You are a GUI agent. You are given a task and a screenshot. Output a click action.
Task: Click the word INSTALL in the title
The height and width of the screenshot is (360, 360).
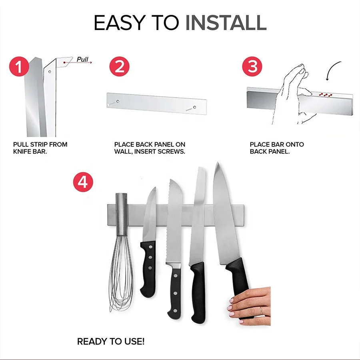click(226, 23)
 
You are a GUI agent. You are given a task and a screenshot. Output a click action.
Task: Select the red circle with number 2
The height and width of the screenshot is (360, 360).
click(119, 66)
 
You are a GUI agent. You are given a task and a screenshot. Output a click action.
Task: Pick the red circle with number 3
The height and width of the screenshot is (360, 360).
click(252, 66)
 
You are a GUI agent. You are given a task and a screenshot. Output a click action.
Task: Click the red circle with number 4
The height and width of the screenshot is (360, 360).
click(83, 182)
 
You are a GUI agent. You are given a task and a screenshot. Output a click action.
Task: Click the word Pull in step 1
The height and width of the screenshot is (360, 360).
click(82, 59)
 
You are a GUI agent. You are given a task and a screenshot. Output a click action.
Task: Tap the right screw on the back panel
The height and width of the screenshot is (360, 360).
click(194, 107)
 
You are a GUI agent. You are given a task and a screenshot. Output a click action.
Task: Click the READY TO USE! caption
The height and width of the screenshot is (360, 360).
click(111, 342)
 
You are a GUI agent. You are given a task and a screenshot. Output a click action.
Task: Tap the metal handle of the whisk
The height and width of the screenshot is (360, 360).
click(121, 214)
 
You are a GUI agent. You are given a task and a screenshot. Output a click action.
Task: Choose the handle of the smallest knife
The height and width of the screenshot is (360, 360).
click(148, 268)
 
